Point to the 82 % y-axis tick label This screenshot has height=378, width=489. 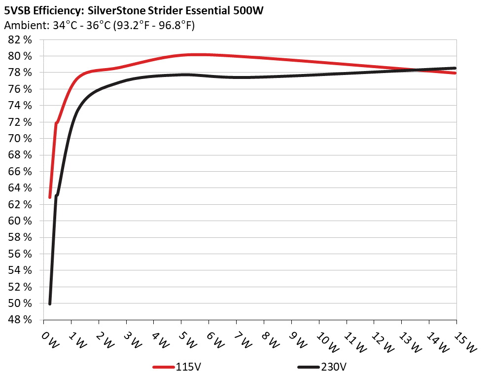[20, 39]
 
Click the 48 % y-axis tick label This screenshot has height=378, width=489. [20, 320]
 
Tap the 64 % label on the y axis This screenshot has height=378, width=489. [20, 188]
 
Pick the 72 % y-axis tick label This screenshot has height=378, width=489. [20, 122]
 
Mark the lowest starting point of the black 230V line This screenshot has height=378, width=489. [50, 303]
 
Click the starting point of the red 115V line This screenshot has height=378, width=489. [50, 197]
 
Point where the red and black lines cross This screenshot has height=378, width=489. [418, 70]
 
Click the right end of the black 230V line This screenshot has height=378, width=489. [455, 68]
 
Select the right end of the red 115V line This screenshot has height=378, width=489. [455, 73]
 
